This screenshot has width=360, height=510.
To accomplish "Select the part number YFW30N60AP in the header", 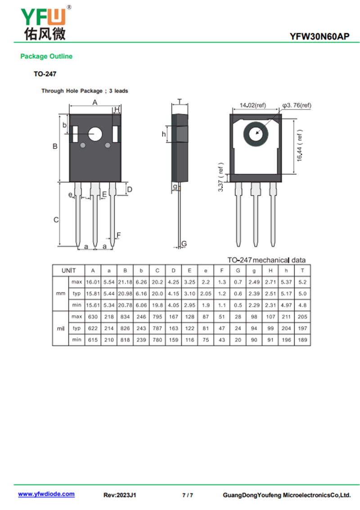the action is coord(319,36).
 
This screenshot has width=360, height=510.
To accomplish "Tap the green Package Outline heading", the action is coord(46,56).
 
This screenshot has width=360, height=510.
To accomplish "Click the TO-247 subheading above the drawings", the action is coord(45,74).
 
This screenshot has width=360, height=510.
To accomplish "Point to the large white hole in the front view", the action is coord(95,134).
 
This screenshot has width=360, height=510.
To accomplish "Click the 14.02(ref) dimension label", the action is coord(253,105).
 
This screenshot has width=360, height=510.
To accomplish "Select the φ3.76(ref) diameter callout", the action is coord(297,105).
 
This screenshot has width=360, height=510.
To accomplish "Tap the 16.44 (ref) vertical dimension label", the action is coord(300,145).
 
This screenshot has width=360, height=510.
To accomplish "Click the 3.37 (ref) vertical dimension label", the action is coord(221,177).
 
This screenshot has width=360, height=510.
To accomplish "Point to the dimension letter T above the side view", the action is coord(180,101).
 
